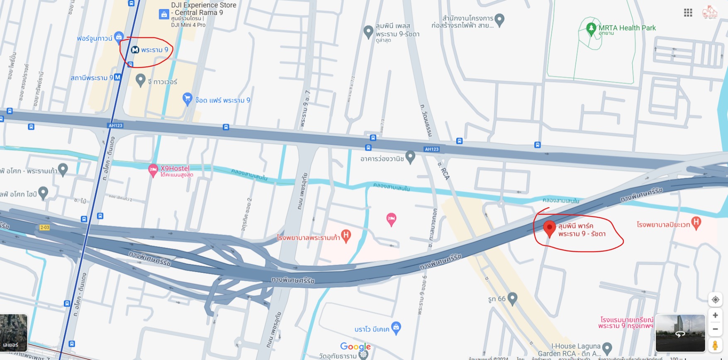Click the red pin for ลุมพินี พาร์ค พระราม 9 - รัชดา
(x=549, y=228)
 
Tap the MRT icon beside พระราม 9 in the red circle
(x=135, y=50)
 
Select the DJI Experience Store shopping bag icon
(x=164, y=15)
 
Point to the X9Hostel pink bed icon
(x=153, y=169)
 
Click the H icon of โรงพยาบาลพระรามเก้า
(x=346, y=235)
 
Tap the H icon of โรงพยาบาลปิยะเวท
(x=696, y=222)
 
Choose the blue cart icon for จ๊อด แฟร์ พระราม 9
(x=187, y=98)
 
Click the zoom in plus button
(x=715, y=315)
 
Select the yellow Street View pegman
(x=715, y=345)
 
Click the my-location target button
(x=715, y=299)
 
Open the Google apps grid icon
(x=688, y=13)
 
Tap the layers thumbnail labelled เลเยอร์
(x=14, y=333)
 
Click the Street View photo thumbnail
(x=680, y=333)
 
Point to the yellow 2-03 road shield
(x=44, y=227)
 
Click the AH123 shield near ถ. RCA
(x=432, y=149)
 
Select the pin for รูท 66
(x=512, y=298)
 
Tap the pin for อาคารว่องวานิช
(x=410, y=156)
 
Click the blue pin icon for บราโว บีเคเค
(x=396, y=327)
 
